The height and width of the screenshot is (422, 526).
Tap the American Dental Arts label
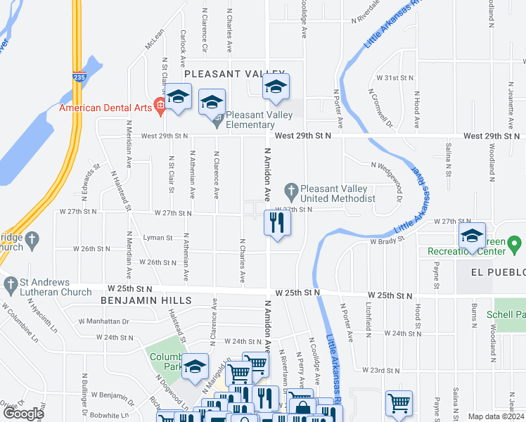click(106, 108)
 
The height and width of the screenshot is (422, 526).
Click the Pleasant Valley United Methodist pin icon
click(290, 190)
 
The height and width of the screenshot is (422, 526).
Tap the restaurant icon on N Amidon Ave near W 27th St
click(277, 223)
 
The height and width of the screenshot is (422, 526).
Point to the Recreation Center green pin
click(515, 245)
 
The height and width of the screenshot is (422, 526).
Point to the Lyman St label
click(158, 238)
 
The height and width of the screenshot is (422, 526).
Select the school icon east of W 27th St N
click(471, 236)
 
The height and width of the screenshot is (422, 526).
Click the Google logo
click(23, 414)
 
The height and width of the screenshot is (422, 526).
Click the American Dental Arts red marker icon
click(160, 107)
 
